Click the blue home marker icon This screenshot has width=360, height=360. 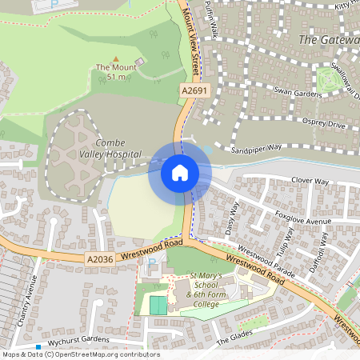click(179, 172)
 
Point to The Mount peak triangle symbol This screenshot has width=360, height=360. click(115, 58)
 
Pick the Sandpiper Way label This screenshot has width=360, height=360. click(257, 149)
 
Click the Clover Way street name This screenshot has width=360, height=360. click(310, 182)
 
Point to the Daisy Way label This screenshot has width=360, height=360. click(234, 216)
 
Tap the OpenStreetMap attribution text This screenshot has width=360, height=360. click(80, 354)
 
